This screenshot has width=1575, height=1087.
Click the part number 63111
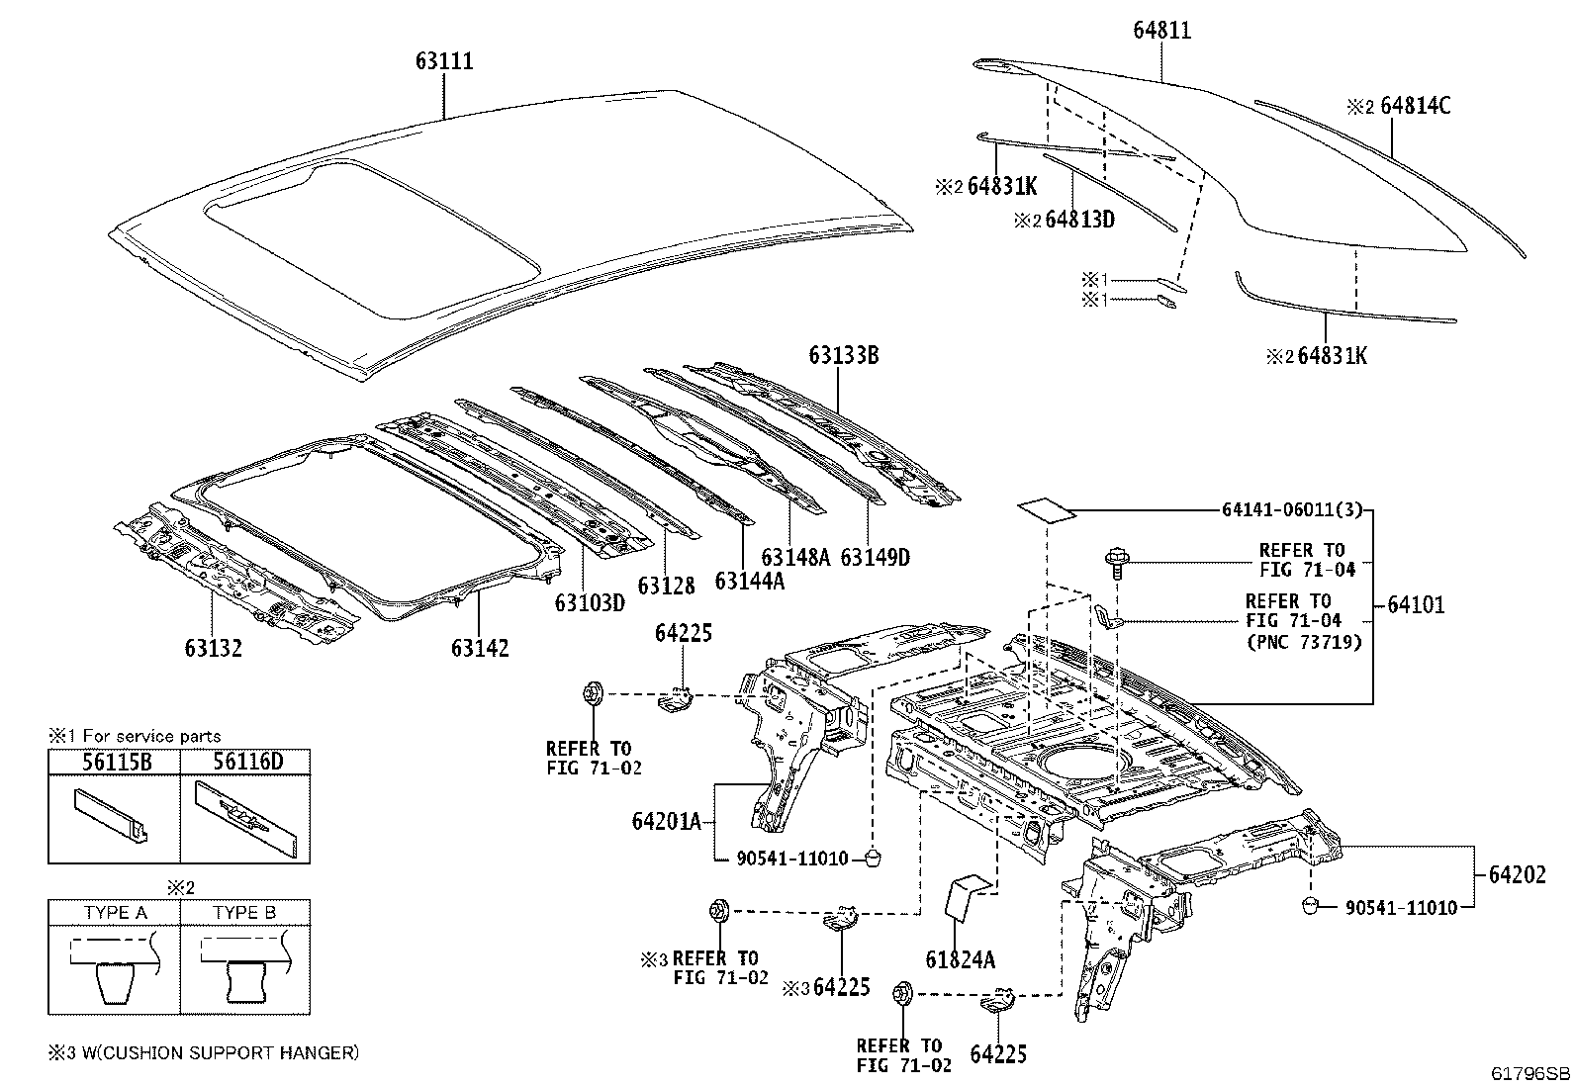pyautogui.click(x=444, y=61)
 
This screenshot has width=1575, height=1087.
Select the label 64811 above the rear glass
pyautogui.click(x=1162, y=31)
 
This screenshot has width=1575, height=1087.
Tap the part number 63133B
pyautogui.click(x=844, y=355)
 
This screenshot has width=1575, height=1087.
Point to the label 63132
pyautogui.click(x=213, y=648)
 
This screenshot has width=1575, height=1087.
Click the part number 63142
pyautogui.click(x=480, y=648)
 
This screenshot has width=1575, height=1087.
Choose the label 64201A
pyautogui.click(x=667, y=821)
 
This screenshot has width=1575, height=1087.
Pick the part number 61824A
pyautogui.click(x=961, y=959)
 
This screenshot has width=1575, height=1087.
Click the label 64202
pyautogui.click(x=1518, y=874)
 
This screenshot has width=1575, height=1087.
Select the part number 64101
pyautogui.click(x=1416, y=604)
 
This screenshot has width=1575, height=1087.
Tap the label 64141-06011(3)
pyautogui.click(x=1292, y=509)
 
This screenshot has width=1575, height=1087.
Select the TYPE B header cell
pyautogui.click(x=244, y=913)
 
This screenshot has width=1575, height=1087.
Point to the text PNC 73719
pyautogui.click(x=1305, y=642)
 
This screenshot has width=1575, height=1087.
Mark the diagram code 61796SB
pyautogui.click(x=1530, y=1073)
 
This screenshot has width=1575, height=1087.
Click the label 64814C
pyautogui.click(x=1415, y=106)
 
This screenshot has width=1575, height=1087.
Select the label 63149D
pyautogui.click(x=876, y=558)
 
